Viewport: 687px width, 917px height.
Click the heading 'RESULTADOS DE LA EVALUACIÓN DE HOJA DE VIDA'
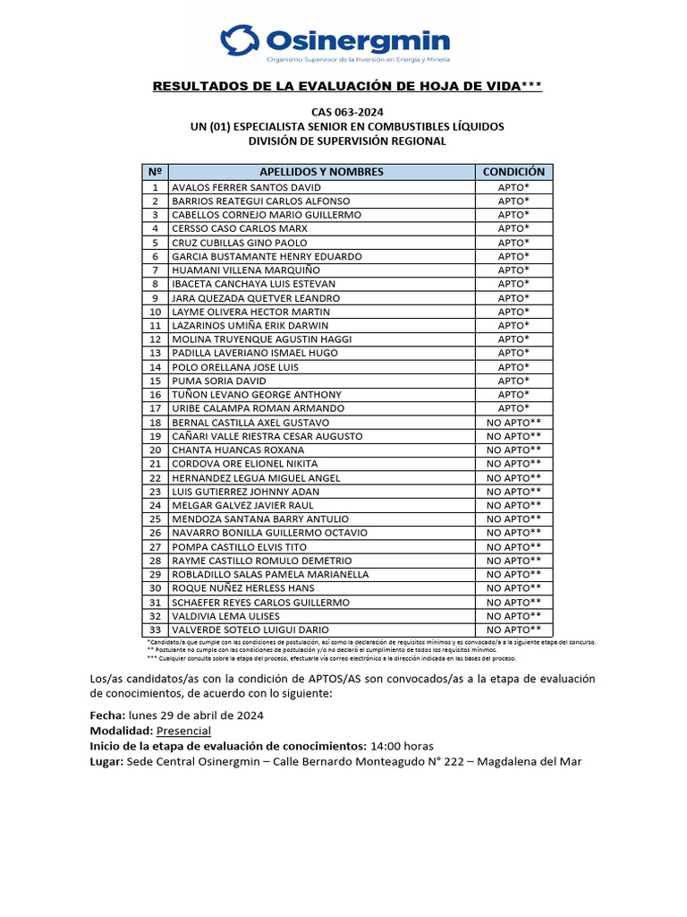pos(347,86)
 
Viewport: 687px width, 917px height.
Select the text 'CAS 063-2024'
pos(347,112)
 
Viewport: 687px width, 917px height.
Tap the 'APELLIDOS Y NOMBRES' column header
pos(321,172)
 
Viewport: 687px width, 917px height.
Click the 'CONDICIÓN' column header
pos(513,172)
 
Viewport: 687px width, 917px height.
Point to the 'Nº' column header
pos(155,172)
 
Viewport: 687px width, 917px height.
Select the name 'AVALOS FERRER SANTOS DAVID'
pos(246,187)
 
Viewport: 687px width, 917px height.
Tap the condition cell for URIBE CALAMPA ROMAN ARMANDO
pos(513,408)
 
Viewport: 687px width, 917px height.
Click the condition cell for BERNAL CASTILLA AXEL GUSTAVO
pos(513,423)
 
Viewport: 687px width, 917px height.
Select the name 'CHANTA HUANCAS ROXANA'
pos(238,450)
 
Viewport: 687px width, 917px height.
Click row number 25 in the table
pos(155,519)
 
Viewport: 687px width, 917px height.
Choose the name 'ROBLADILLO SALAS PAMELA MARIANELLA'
pos(270,574)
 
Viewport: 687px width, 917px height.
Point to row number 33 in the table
pos(155,630)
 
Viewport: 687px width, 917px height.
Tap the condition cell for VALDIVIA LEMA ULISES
pos(513,616)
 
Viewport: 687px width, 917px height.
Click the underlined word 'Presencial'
pos(183,731)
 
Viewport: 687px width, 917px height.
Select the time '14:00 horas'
pos(402,746)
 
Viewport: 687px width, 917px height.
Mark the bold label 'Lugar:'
pos(107,761)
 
